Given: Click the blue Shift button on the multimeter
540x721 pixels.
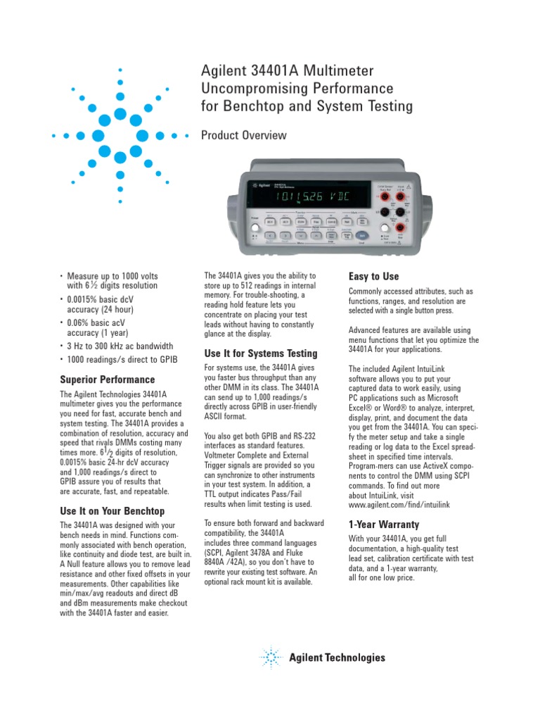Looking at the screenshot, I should (362, 235).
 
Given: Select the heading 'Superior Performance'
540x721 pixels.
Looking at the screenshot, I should (108, 380).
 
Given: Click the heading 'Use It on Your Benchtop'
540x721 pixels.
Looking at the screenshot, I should (112, 510).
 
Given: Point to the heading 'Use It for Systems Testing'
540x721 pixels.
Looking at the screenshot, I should (261, 353).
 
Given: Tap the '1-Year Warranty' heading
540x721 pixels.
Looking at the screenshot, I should (384, 525).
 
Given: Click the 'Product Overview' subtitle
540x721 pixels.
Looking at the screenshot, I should (244, 135).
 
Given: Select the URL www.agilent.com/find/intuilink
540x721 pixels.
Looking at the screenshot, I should (399, 506).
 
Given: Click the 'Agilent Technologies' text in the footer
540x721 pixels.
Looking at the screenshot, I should (337, 658).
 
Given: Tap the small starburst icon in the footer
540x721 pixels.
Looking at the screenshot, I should (271, 658).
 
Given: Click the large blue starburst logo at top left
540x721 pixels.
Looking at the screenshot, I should (120, 134).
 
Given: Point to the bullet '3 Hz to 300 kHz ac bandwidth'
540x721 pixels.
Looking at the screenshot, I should (120, 346).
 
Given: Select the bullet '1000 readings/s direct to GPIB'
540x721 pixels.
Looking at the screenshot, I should (122, 360).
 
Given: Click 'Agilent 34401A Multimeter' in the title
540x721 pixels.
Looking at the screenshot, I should (288, 70).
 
